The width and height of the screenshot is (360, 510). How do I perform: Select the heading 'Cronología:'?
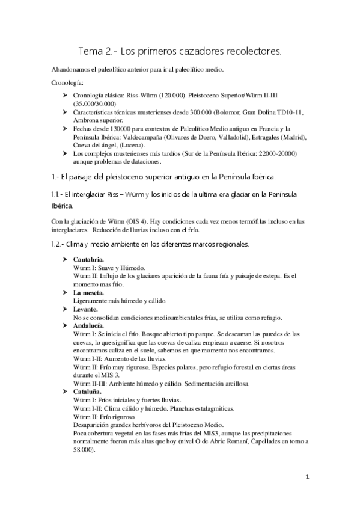point(66,82)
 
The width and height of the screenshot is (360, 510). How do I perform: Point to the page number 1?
point(307,479)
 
